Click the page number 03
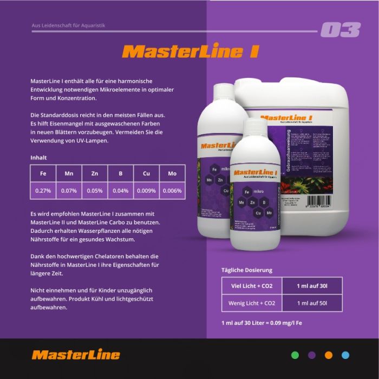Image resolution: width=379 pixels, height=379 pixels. pyautogui.click(x=340, y=30)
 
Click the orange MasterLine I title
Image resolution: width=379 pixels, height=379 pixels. pyautogui.click(x=190, y=51)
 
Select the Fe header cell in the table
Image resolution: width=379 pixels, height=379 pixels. pyautogui.click(x=43, y=174)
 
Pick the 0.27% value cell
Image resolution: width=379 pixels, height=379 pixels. pyautogui.click(x=43, y=191)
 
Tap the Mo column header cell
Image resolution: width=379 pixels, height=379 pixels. pyautogui.click(x=172, y=174)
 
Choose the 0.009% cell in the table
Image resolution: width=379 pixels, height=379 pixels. pyautogui.click(x=146, y=191)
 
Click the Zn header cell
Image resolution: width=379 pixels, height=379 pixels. pyautogui.click(x=95, y=174)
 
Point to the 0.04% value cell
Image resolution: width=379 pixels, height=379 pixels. pyautogui.click(x=120, y=191)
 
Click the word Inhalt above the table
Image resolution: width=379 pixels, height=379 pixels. pyautogui.click(x=38, y=158)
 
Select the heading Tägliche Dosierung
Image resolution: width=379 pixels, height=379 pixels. pyautogui.click(x=247, y=270)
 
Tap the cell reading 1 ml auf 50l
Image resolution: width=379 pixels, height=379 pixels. pyautogui.click(x=312, y=303)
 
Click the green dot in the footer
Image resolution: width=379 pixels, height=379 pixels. pyautogui.click(x=295, y=355)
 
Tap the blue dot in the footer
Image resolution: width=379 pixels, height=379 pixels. pyautogui.click(x=345, y=355)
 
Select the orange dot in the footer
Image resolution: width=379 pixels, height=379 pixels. pyautogui.click(x=328, y=355)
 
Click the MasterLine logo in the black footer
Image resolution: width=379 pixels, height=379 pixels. pyautogui.click(x=76, y=355)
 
